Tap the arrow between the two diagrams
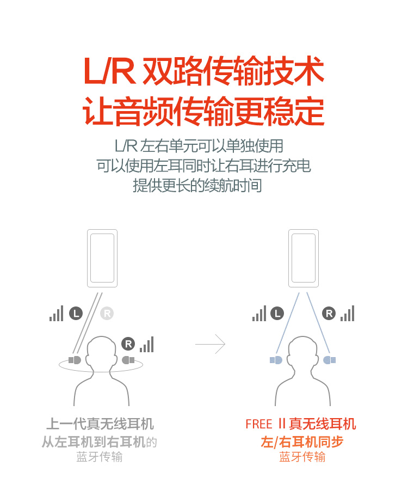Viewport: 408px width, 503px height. pos(210,344)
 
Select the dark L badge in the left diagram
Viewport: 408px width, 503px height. pos(76,314)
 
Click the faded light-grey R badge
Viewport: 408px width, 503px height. pos(107,314)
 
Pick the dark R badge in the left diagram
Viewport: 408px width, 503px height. pos(128,344)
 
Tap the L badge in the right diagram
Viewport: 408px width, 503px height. pos(277,314)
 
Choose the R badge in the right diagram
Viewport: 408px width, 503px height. pos(329,314)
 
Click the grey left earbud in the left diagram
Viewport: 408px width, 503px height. pos(75,360)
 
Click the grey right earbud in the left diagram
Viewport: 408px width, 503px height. pos(128,360)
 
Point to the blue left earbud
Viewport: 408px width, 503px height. pos(276,360)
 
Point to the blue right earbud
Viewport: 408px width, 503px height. pos(330,360)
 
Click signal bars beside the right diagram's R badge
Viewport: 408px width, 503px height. pos(348,313)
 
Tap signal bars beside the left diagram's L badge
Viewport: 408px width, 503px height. pos(57,313)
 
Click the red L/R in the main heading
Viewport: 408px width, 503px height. pos(109,71)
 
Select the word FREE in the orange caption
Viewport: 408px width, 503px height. pos(258,424)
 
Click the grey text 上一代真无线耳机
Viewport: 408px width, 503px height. pos(100,424)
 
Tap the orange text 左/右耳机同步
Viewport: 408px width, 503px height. pos(302,441)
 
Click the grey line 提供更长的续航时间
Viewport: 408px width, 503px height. pos(197,185)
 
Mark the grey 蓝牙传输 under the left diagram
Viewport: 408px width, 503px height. pos(100,457)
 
